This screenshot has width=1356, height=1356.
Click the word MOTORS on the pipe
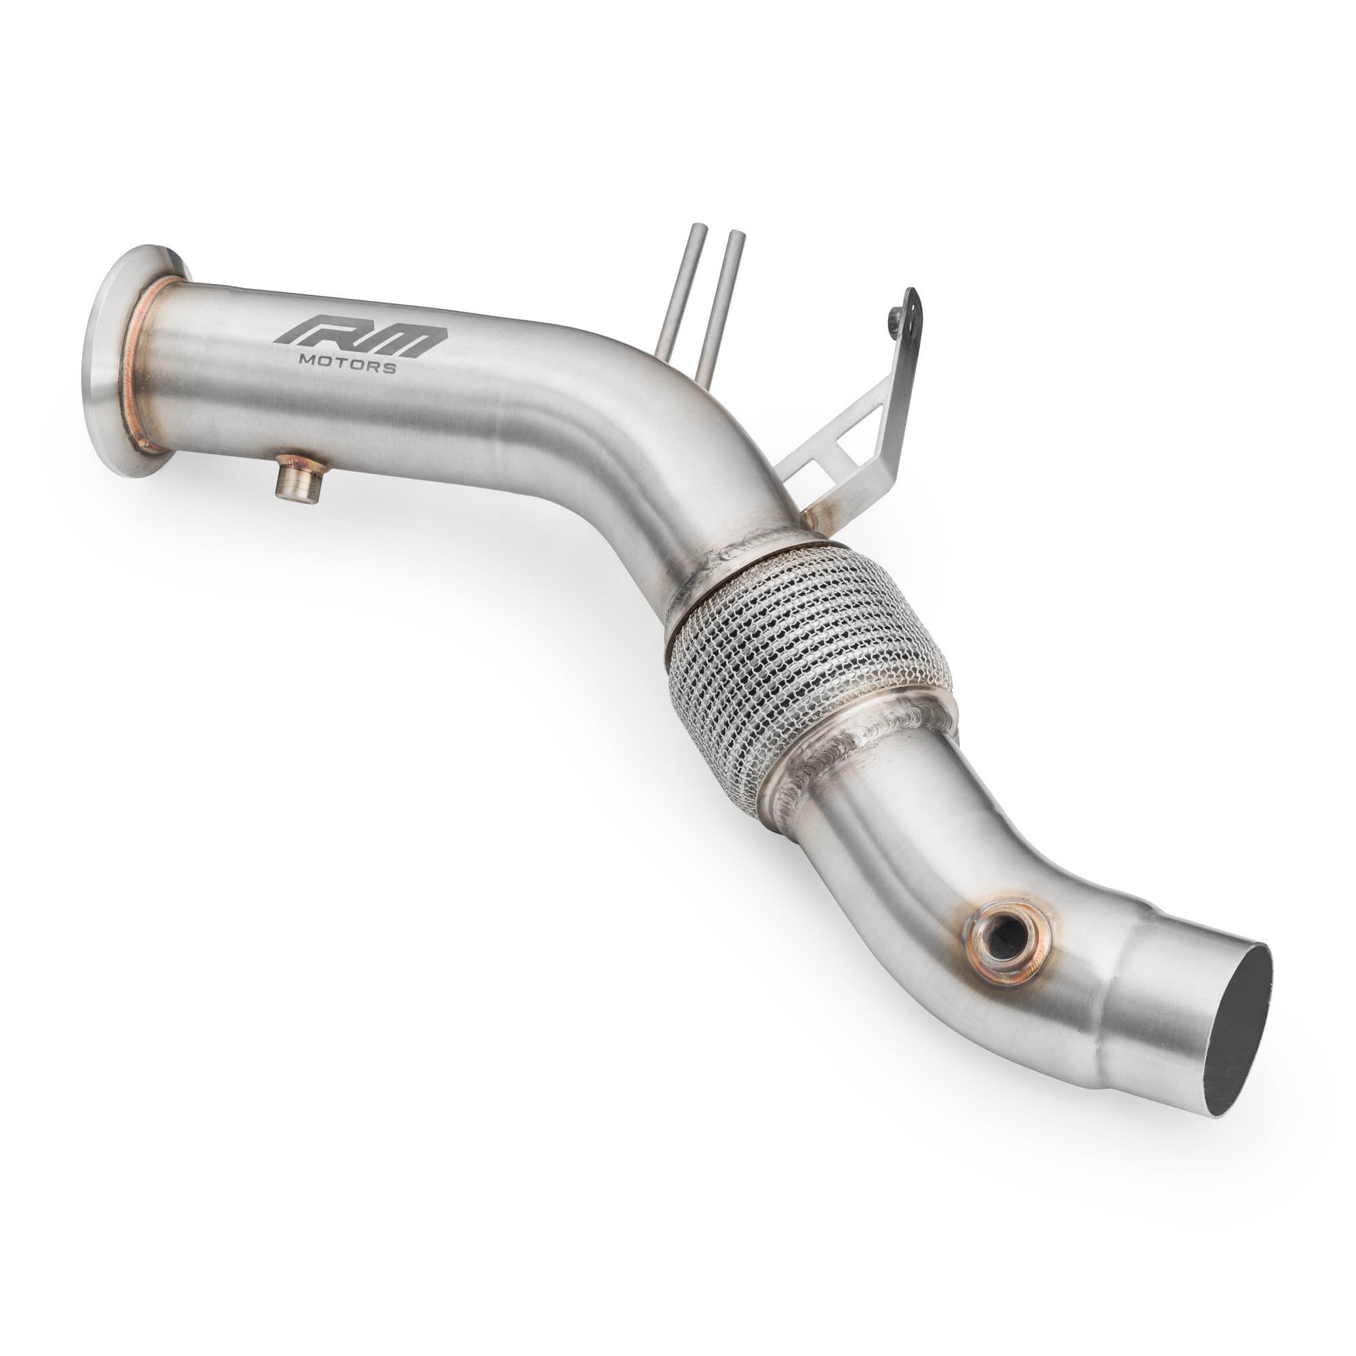tap(346, 365)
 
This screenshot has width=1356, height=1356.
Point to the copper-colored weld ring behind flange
tap(140, 365)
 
